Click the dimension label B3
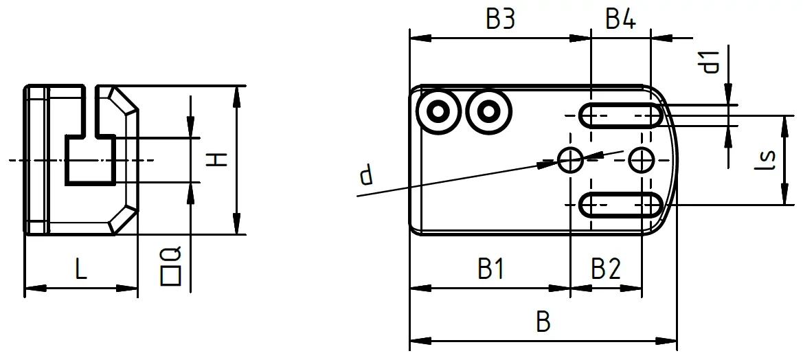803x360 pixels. [x=500, y=20]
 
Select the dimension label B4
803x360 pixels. [x=620, y=20]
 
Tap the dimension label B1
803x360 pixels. [x=492, y=270]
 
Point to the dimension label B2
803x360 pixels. [x=606, y=270]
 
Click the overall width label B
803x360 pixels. [x=543, y=323]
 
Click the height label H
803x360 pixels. [x=217, y=160]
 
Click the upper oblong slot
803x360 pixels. [x=621, y=115]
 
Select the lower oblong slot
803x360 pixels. [x=621, y=205]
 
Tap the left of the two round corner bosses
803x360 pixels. [x=437, y=110]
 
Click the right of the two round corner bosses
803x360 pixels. [x=488, y=110]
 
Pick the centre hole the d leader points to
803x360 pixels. [x=570, y=160]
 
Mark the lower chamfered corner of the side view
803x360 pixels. [x=122, y=216]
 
